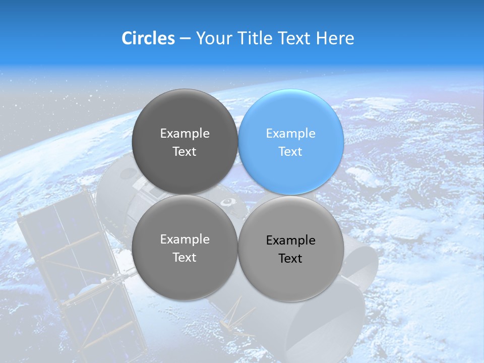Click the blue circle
point(291,142)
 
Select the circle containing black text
point(291,249)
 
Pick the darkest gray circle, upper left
point(185,142)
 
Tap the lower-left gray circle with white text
point(185,248)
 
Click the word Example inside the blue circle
point(290,134)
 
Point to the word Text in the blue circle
point(290,152)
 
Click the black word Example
point(290,240)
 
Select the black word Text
point(290,259)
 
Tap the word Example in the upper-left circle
point(185,134)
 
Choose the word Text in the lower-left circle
point(185,258)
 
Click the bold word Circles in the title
point(148,38)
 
